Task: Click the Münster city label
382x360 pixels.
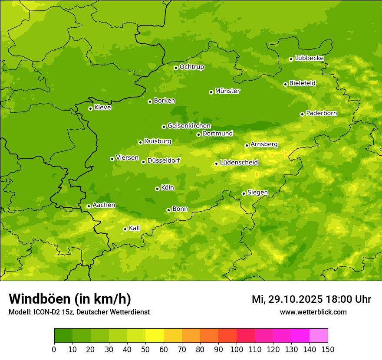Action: coord(227,91)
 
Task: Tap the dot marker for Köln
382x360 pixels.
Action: coord(157,189)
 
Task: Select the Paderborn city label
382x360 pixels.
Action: coord(322,113)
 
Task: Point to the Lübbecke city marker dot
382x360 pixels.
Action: coord(291,59)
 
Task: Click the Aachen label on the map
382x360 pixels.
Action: coord(104,205)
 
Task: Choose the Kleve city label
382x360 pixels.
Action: coord(103,108)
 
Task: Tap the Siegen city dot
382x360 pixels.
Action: coord(244,193)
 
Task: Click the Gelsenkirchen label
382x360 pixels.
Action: coord(189,126)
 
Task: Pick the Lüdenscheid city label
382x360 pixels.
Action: coord(239,163)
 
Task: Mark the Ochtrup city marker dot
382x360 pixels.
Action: coord(176,68)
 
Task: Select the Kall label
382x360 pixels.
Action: coord(135,228)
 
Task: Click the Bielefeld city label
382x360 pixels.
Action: coord(302,83)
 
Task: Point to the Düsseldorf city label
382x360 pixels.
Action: coord(164,160)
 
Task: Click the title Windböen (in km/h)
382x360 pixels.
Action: coord(70,299)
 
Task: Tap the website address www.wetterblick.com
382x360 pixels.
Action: coord(313,312)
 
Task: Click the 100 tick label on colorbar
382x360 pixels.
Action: coord(237,349)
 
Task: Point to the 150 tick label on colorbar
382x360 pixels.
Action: coord(328,349)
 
